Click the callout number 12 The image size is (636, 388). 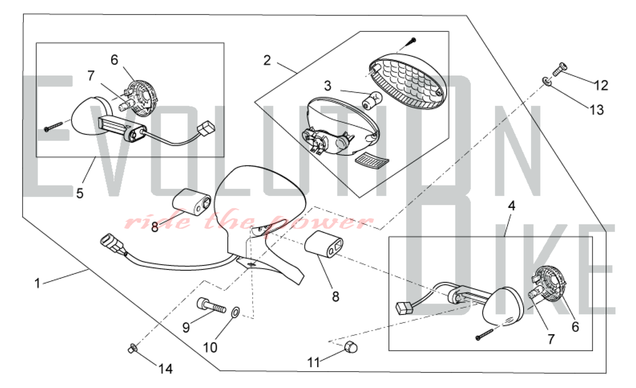point(601,85)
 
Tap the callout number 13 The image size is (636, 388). point(597,110)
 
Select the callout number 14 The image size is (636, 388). point(165,369)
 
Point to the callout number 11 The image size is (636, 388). point(313,362)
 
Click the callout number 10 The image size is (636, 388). point(210,348)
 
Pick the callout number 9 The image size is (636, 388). point(186,327)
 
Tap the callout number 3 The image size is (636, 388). point(328,86)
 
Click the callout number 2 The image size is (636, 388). point(267,60)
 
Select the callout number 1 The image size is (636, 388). point(38,283)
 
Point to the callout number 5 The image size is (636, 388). point(80,193)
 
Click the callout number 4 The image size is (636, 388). point(511,206)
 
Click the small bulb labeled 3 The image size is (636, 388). point(372,98)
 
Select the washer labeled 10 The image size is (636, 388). point(236,312)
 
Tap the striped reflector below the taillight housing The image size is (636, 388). point(371,161)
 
